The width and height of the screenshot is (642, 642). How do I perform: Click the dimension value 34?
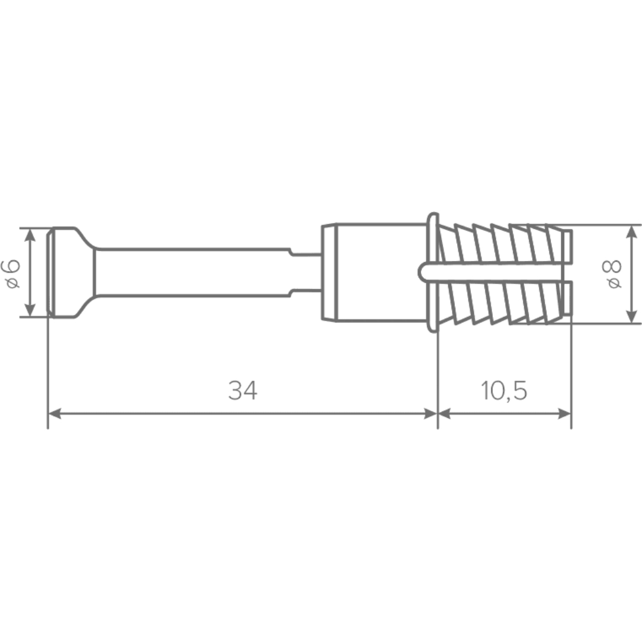pyautogui.click(x=243, y=391)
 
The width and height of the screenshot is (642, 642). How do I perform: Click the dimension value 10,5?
pyautogui.click(x=504, y=391)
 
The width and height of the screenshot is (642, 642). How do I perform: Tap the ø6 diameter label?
pyautogui.click(x=12, y=273)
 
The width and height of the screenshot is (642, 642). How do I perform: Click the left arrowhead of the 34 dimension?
pyautogui.click(x=55, y=414)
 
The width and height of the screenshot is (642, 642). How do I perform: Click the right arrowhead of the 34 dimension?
pyautogui.click(x=431, y=414)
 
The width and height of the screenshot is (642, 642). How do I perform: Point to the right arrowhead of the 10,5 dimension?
pyautogui.click(x=564, y=414)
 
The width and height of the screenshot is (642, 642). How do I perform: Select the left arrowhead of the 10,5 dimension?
pyautogui.click(x=445, y=414)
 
